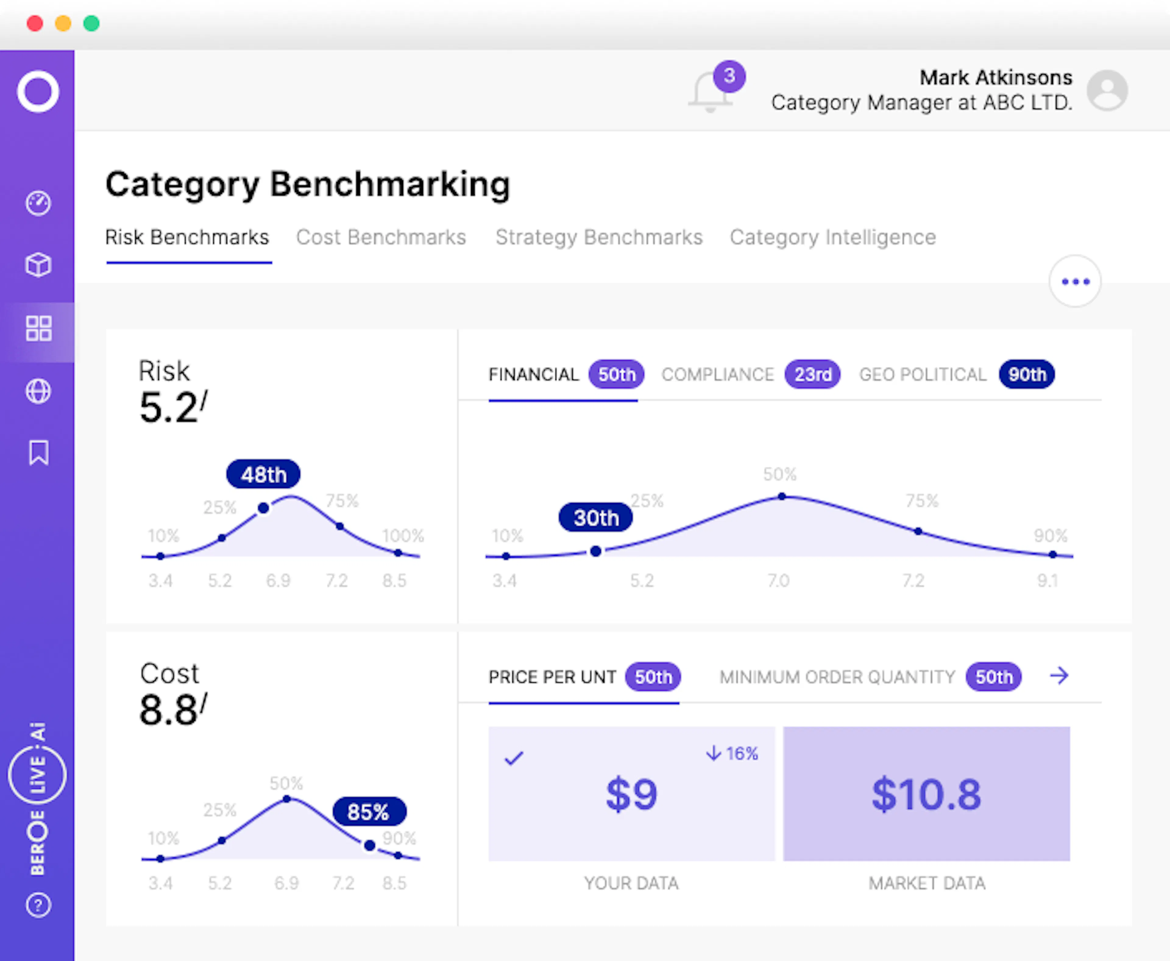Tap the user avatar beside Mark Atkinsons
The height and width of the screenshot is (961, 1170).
pyautogui.click(x=1107, y=90)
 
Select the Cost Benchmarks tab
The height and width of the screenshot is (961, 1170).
pyautogui.click(x=381, y=237)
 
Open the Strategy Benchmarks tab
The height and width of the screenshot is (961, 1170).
pyautogui.click(x=599, y=237)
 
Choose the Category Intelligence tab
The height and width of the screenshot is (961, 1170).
pyautogui.click(x=832, y=237)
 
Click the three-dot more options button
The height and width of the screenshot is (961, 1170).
pyautogui.click(x=1075, y=281)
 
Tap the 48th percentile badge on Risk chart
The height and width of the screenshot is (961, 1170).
pyautogui.click(x=264, y=475)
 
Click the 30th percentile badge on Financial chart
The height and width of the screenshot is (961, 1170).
pyautogui.click(x=596, y=518)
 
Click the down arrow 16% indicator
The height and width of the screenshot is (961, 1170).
pyautogui.click(x=732, y=753)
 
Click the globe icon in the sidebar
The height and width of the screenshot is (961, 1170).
pyautogui.click(x=38, y=391)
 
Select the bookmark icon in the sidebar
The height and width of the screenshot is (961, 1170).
pyautogui.click(x=38, y=453)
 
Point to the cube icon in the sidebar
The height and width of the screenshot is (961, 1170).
pyautogui.click(x=38, y=265)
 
